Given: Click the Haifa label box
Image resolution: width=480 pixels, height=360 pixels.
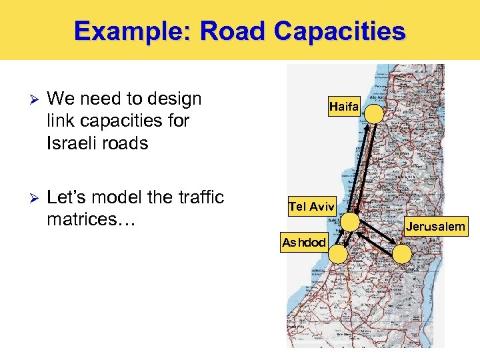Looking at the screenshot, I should [x=344, y=106].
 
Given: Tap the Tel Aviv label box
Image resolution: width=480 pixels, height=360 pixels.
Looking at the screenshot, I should [x=311, y=207].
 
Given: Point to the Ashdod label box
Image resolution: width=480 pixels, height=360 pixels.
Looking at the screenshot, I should [x=304, y=243].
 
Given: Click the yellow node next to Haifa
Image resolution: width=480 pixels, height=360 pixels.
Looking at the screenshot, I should [x=375, y=113].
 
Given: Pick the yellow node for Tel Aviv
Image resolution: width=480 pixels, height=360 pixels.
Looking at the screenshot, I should [x=349, y=222].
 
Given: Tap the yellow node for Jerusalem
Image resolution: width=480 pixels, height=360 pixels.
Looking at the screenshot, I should [x=402, y=253].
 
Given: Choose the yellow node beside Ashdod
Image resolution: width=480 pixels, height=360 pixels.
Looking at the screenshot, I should [x=339, y=253].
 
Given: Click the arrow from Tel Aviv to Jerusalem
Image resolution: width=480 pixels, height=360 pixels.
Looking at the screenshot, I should [x=377, y=238].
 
